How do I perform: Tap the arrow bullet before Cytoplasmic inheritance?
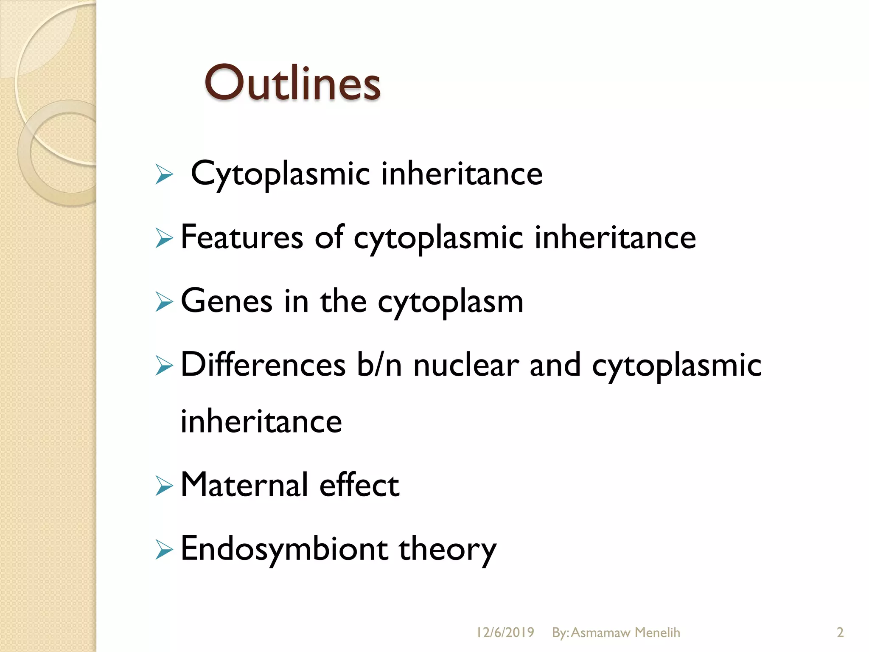click(164, 174)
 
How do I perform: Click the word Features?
click(242, 237)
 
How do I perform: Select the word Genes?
click(227, 301)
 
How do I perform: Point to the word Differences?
click(263, 365)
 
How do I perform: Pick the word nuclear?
click(466, 365)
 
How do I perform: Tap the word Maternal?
click(244, 485)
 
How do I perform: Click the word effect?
click(359, 485)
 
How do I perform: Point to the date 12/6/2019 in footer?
click(505, 632)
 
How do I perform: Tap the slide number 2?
click(840, 632)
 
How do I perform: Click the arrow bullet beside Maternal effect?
click(164, 486)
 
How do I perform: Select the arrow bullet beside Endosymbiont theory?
click(164, 550)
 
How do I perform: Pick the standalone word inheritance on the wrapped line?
click(261, 422)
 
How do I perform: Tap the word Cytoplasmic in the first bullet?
click(280, 174)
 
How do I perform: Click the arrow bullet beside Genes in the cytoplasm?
click(164, 302)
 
